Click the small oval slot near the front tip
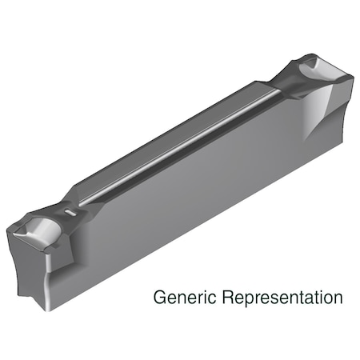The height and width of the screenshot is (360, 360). [x=71, y=214]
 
